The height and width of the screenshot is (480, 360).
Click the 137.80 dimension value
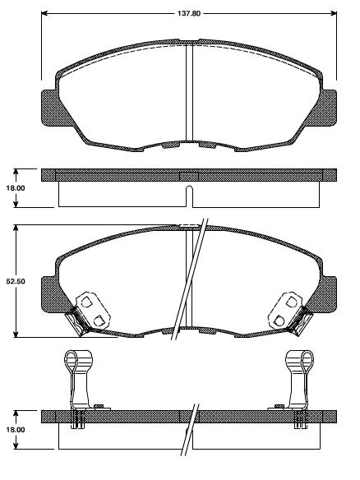[x=189, y=7]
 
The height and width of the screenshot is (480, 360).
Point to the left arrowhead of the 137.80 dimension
[x=44, y=14]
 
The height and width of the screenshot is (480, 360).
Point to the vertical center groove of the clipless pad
[x=189, y=90]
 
